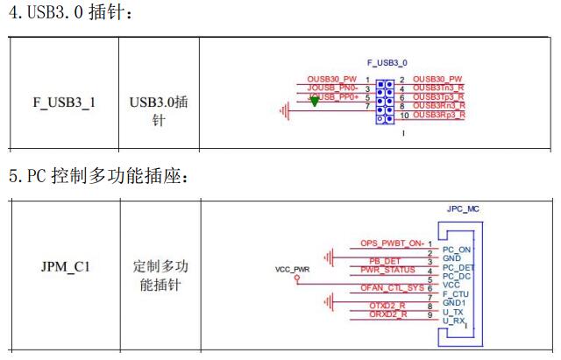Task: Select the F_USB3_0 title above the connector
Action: [x=387, y=64]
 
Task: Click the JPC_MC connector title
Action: [x=463, y=210]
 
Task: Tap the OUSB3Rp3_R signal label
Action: [x=438, y=115]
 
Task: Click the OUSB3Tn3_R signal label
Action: [x=438, y=88]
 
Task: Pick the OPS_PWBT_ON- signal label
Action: [x=392, y=243]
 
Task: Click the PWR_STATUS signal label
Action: [x=387, y=270]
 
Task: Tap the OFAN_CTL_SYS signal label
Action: [x=391, y=287]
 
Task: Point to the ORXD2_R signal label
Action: [x=387, y=314]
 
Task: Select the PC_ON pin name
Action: [x=458, y=250]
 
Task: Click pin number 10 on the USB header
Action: [x=404, y=116]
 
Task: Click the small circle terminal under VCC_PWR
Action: [x=296, y=281]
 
